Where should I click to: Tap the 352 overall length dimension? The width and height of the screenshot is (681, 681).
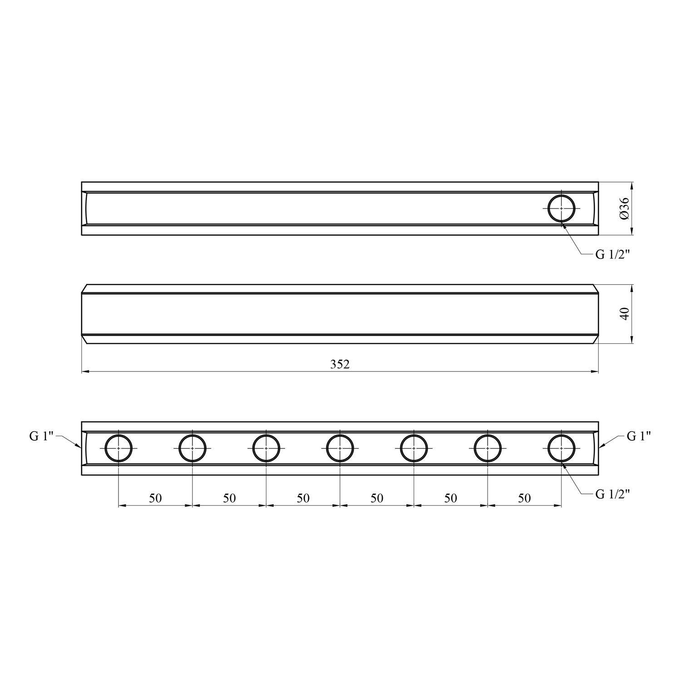[340, 365]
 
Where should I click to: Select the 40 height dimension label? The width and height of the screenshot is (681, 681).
[625, 314]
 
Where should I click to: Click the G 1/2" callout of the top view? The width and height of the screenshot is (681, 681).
[613, 255]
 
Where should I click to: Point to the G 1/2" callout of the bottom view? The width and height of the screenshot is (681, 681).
[613, 494]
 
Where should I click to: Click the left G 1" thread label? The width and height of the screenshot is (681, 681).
[42, 436]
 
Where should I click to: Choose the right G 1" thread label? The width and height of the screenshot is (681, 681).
[639, 436]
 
